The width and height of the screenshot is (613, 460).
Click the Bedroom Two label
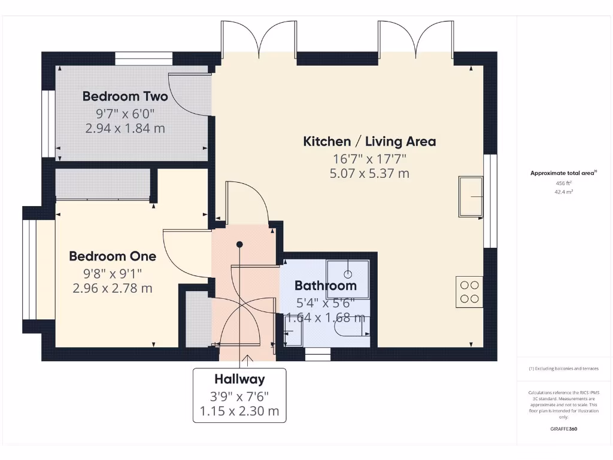pyautogui.click(x=125, y=96)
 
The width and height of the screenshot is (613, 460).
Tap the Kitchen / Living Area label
pyautogui.click(x=369, y=142)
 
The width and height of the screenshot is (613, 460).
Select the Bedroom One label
pyautogui.click(x=113, y=256)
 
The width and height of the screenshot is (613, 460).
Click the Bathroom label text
pyautogui.click(x=325, y=286)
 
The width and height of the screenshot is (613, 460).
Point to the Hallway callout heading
pyautogui.click(x=239, y=379)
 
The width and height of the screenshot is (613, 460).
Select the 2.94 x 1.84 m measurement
pyautogui.click(x=125, y=128)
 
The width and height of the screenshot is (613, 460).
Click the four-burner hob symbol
pyautogui.click(x=469, y=292)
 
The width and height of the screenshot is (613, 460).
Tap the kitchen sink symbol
pyautogui.click(x=471, y=196)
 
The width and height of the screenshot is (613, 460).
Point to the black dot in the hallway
pyautogui.click(x=239, y=244)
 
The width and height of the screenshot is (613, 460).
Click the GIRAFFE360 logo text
pyautogui.click(x=564, y=429)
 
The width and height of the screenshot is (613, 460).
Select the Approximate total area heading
pyautogui.click(x=563, y=173)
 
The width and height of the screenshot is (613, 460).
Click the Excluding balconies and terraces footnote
pyautogui.click(x=563, y=369)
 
